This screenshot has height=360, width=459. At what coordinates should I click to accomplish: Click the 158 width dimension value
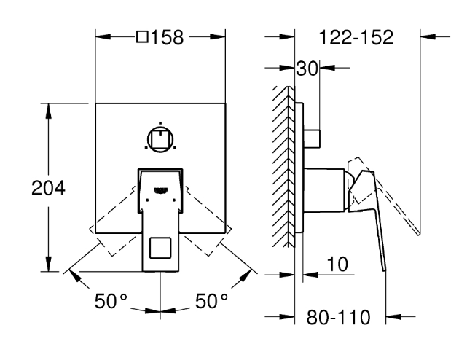[167, 37]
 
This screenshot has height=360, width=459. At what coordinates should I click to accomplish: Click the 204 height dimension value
[49, 187]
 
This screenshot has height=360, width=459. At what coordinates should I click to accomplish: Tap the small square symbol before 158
[142, 37]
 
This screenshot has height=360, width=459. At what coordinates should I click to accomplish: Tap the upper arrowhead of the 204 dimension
[49, 109]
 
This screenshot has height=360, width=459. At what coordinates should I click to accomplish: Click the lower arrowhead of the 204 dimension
[49, 266]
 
